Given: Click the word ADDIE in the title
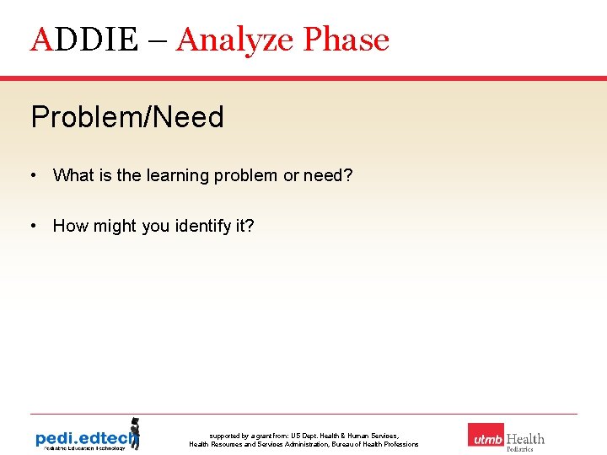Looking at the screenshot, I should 83,40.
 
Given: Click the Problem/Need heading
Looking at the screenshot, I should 127,117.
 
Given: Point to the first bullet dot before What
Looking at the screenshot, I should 31,175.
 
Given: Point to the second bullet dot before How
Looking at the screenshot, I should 31,226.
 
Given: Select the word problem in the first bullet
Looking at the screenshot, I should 245,176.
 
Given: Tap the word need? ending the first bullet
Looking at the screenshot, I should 329,175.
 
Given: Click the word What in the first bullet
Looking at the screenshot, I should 72,175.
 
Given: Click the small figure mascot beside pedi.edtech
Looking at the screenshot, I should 133,432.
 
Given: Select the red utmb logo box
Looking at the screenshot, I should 486,436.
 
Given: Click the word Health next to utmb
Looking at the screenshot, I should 525,439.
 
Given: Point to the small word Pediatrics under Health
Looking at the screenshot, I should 519,450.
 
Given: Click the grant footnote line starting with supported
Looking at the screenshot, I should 303,436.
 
